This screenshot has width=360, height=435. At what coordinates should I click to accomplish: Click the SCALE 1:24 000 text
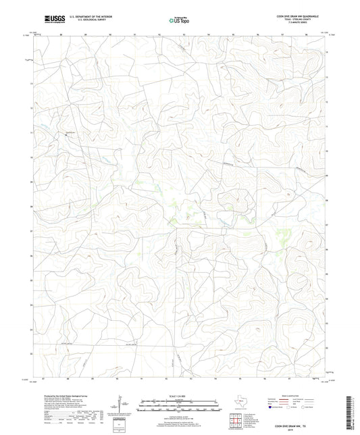tap(180, 395)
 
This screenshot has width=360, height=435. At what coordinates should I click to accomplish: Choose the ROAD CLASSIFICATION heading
tap(292, 395)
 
